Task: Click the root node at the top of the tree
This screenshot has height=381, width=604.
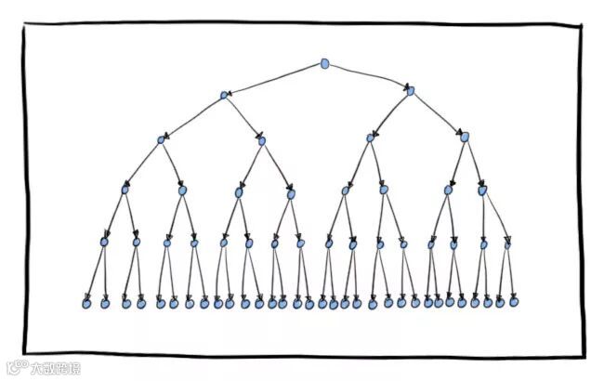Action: point(325,63)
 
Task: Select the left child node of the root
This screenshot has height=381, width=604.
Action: point(224,95)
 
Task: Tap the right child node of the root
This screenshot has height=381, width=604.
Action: point(411,91)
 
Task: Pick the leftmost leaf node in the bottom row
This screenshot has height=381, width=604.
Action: point(86,303)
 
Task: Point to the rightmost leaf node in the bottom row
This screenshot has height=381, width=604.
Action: point(514,301)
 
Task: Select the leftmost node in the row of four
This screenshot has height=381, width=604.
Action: point(161,140)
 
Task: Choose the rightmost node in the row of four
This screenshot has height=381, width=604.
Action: point(465,137)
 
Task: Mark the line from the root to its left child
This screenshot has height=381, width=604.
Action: point(274,79)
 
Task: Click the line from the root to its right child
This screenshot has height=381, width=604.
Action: point(368,76)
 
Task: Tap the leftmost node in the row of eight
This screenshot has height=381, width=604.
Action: point(124,190)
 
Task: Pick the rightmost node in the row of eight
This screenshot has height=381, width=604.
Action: point(482,190)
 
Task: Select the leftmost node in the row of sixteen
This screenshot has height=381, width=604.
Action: point(104,242)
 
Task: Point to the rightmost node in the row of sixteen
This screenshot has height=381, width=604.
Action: point(507,244)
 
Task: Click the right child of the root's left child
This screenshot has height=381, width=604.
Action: point(262,141)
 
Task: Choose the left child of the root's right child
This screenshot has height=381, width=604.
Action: point(370,138)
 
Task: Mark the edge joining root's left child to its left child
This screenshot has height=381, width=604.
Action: point(192,117)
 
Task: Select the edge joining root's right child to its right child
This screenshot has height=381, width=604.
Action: point(438,113)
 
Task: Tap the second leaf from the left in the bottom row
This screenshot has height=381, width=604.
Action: point(104,303)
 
